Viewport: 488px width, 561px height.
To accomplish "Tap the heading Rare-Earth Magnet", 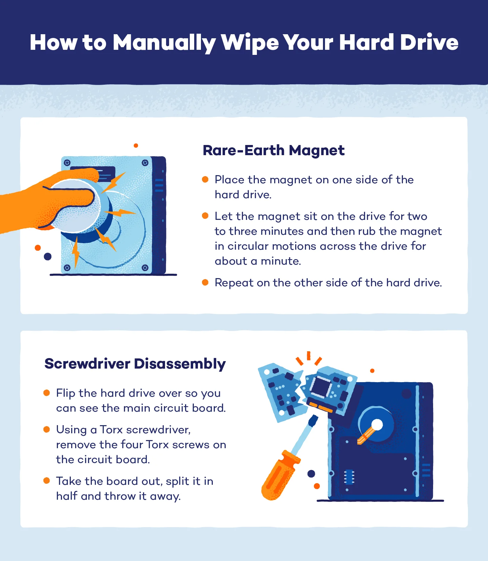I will tap(273, 150).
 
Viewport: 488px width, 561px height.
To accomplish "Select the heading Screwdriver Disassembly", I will tap(135, 364).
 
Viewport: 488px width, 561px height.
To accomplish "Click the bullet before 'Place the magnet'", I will tap(205, 179).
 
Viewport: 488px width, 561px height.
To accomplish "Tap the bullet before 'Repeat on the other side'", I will tap(205, 282).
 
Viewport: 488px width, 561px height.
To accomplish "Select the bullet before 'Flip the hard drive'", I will tap(47, 393).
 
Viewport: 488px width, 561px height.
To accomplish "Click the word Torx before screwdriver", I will tap(111, 430).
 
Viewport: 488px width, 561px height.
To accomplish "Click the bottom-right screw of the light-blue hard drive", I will tap(145, 268).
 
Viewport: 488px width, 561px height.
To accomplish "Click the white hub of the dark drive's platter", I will tap(377, 424).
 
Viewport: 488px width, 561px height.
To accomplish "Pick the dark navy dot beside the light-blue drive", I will tap(47, 256).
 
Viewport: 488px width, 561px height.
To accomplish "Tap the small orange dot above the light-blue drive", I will tap(136, 146).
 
